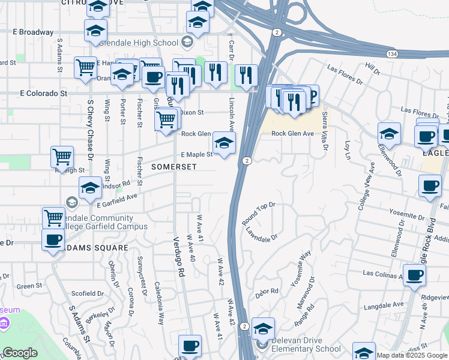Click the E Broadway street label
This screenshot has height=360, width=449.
pyautogui.click(x=32, y=32)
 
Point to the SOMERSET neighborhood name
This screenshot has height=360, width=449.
pyautogui.click(x=174, y=166)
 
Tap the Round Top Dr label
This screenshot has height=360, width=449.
pyautogui.click(x=259, y=213)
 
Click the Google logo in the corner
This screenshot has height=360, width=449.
pyautogui.click(x=20, y=353)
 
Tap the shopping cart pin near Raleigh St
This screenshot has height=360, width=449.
pyautogui.click(x=62, y=157)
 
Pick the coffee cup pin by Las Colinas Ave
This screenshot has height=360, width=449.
pyautogui.click(x=415, y=275)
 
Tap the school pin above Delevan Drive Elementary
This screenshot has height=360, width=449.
pyautogui.click(x=263, y=329)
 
